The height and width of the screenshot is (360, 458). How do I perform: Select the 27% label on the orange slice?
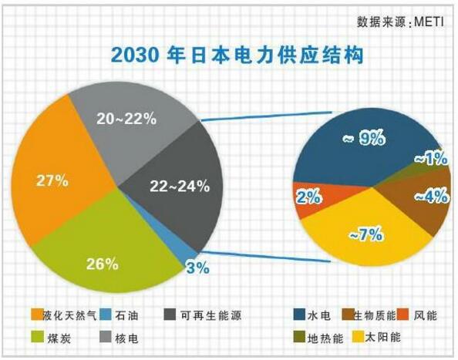[x=52, y=181]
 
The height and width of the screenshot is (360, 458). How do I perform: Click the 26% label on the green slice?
[x=102, y=264]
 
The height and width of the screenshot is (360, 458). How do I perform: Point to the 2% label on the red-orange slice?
[x=308, y=197]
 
